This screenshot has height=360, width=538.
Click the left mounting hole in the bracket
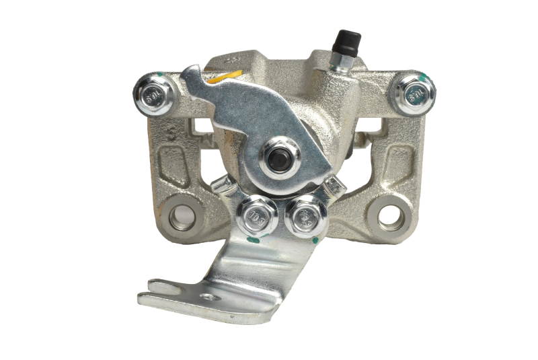tap(180, 215)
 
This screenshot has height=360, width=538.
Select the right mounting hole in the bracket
tap(389, 215)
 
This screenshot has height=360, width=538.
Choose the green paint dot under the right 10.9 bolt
tap(314, 239)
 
